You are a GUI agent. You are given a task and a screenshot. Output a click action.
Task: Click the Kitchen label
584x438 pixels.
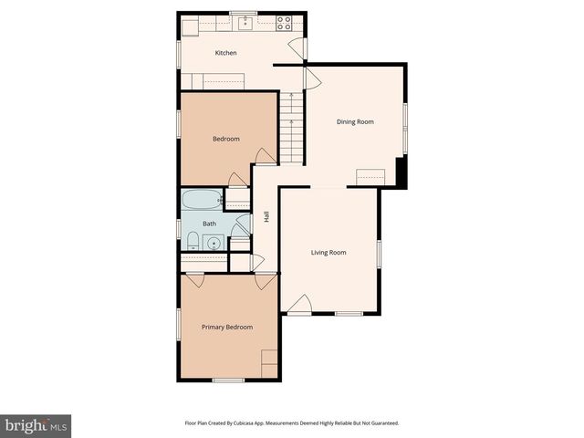tap(225, 53)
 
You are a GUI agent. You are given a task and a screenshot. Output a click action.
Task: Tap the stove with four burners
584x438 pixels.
tap(284, 23)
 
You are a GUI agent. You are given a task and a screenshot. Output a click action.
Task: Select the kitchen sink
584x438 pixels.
tap(244, 23)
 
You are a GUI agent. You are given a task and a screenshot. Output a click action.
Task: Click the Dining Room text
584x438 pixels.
tap(355, 121)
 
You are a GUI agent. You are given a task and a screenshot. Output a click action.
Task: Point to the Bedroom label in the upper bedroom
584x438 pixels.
tap(225, 139)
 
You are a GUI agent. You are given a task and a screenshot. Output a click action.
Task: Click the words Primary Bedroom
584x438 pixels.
tap(227, 327)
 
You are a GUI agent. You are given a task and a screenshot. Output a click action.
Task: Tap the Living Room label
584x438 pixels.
tap(328, 253)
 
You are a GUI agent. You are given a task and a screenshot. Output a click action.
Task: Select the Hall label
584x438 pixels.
tap(266, 217)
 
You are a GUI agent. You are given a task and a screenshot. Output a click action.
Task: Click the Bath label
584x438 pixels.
tap(209, 224)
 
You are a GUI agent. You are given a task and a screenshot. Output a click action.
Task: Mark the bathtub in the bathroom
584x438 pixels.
tap(202, 200)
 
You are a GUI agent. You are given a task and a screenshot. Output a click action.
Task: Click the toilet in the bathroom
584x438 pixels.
tap(193, 241)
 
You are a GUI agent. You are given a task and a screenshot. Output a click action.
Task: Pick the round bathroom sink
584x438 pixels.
tap(214, 243)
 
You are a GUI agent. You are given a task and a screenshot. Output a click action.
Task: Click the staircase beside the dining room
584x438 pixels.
tap(290, 128)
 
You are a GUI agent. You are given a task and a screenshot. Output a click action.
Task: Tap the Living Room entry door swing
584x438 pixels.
tap(302, 305)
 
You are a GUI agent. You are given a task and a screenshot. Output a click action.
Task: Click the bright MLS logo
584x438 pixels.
tap(36, 425)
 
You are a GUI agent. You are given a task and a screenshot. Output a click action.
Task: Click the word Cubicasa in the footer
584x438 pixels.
tap(246, 422)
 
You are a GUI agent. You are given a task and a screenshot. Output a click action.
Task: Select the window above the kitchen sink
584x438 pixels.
tap(243, 12)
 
